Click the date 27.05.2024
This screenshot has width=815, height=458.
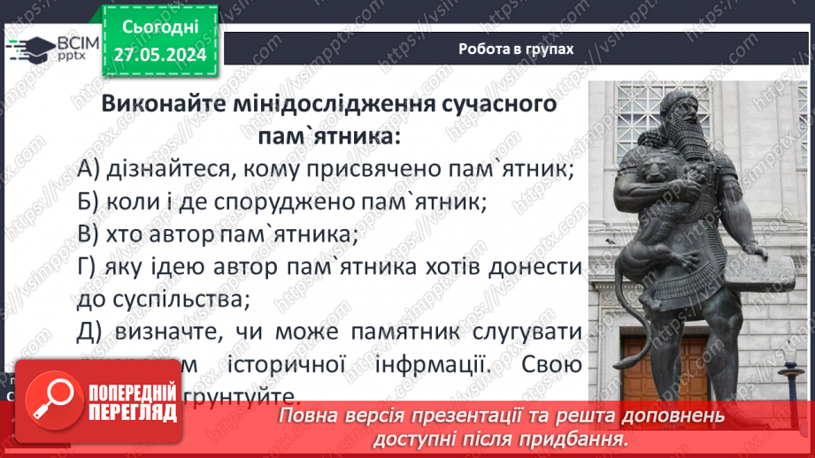[159, 55]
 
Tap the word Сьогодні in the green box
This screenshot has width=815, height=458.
[159, 27]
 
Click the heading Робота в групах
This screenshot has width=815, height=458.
[516, 50]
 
